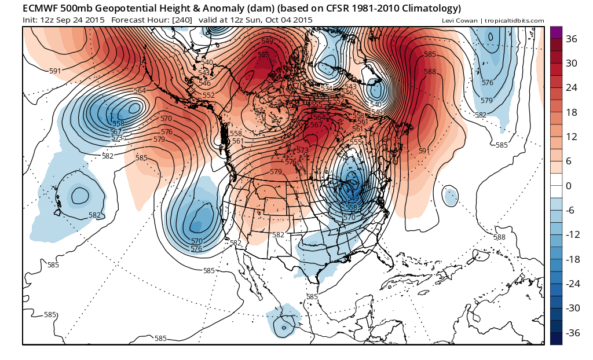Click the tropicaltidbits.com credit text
(x=515, y=21)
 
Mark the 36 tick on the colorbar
(x=572, y=39)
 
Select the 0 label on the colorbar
(x=569, y=186)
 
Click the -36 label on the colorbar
(x=573, y=333)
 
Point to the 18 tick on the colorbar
(x=572, y=112)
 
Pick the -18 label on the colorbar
(x=573, y=259)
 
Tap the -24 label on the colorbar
(x=573, y=284)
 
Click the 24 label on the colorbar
(x=572, y=88)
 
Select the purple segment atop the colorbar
(x=556, y=32)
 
